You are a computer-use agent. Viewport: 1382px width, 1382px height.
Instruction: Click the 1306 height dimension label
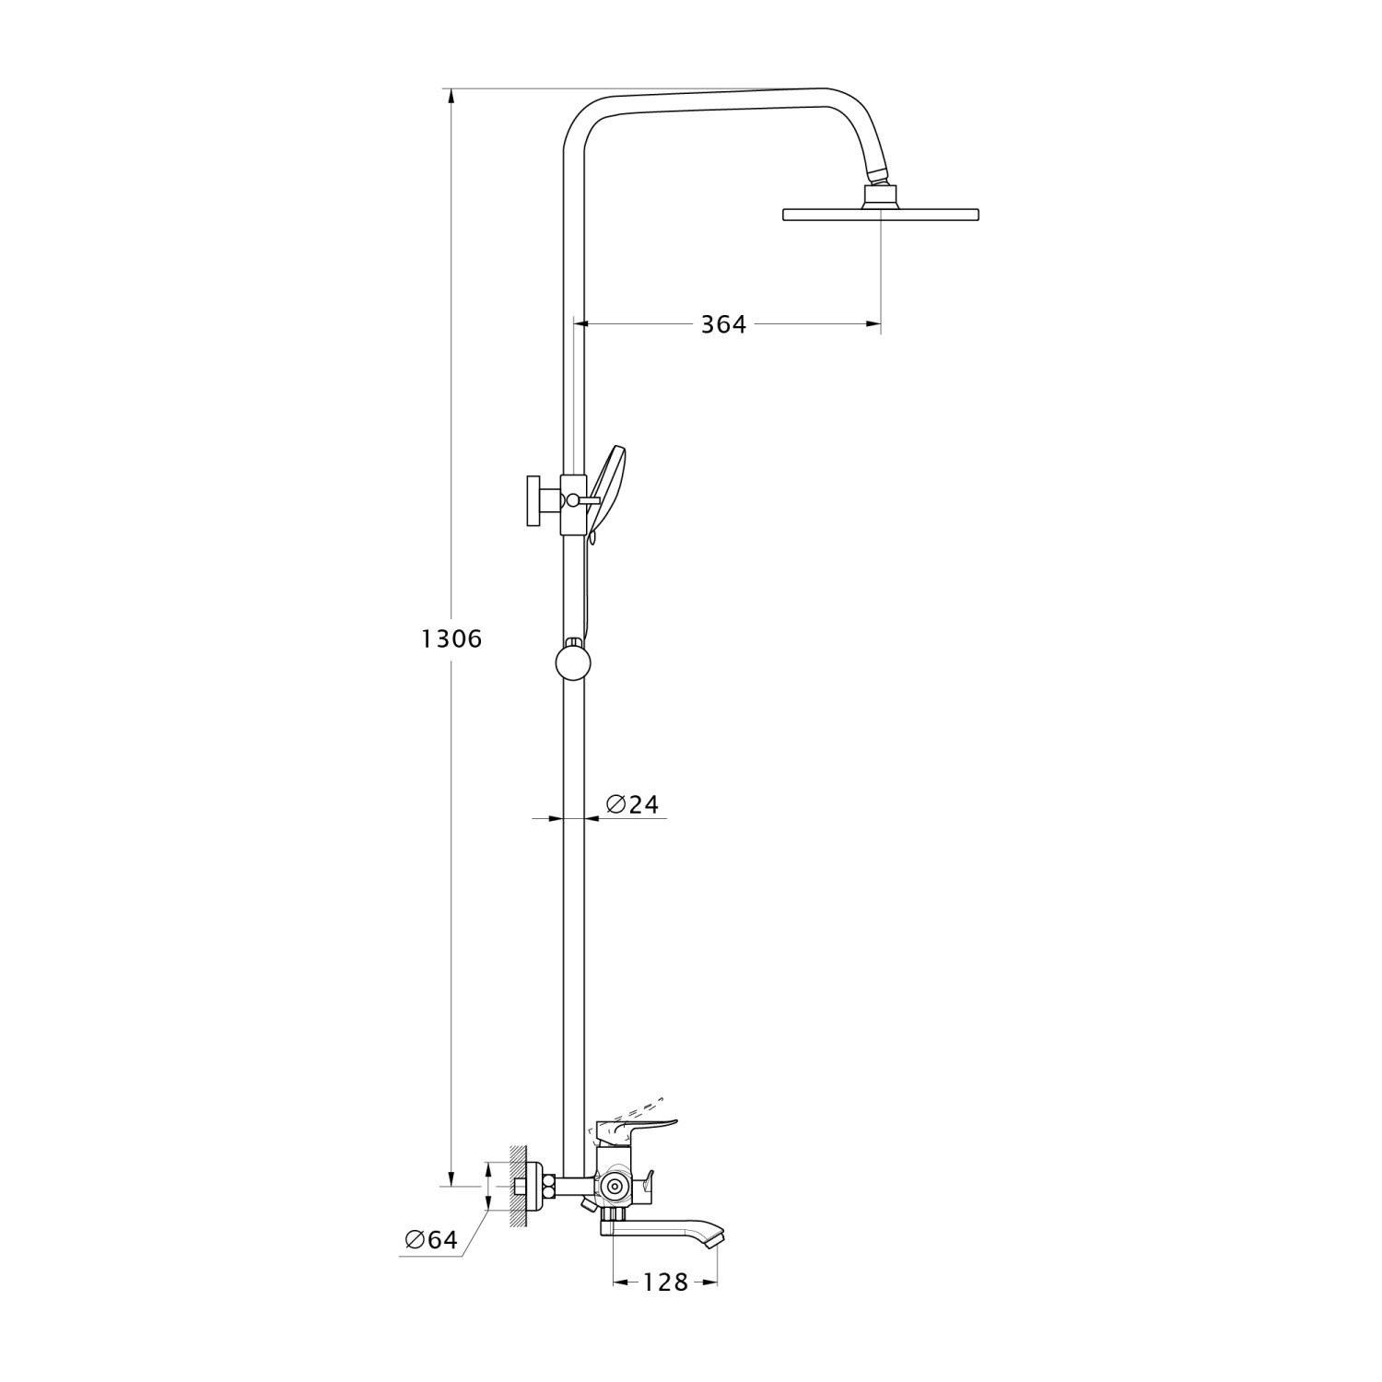click(451, 638)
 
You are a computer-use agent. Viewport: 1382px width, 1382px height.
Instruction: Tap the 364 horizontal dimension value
click(723, 324)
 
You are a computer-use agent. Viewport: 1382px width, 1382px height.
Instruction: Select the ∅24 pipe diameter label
click(632, 804)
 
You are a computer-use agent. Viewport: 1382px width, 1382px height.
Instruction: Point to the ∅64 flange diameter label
click(431, 1240)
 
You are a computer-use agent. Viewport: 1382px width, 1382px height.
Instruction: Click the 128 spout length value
click(666, 1282)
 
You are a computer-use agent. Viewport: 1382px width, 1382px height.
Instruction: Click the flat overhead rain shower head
click(880, 215)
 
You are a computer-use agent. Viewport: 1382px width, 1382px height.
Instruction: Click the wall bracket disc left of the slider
click(533, 501)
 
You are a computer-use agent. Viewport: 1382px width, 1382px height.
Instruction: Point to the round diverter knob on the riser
click(573, 662)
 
